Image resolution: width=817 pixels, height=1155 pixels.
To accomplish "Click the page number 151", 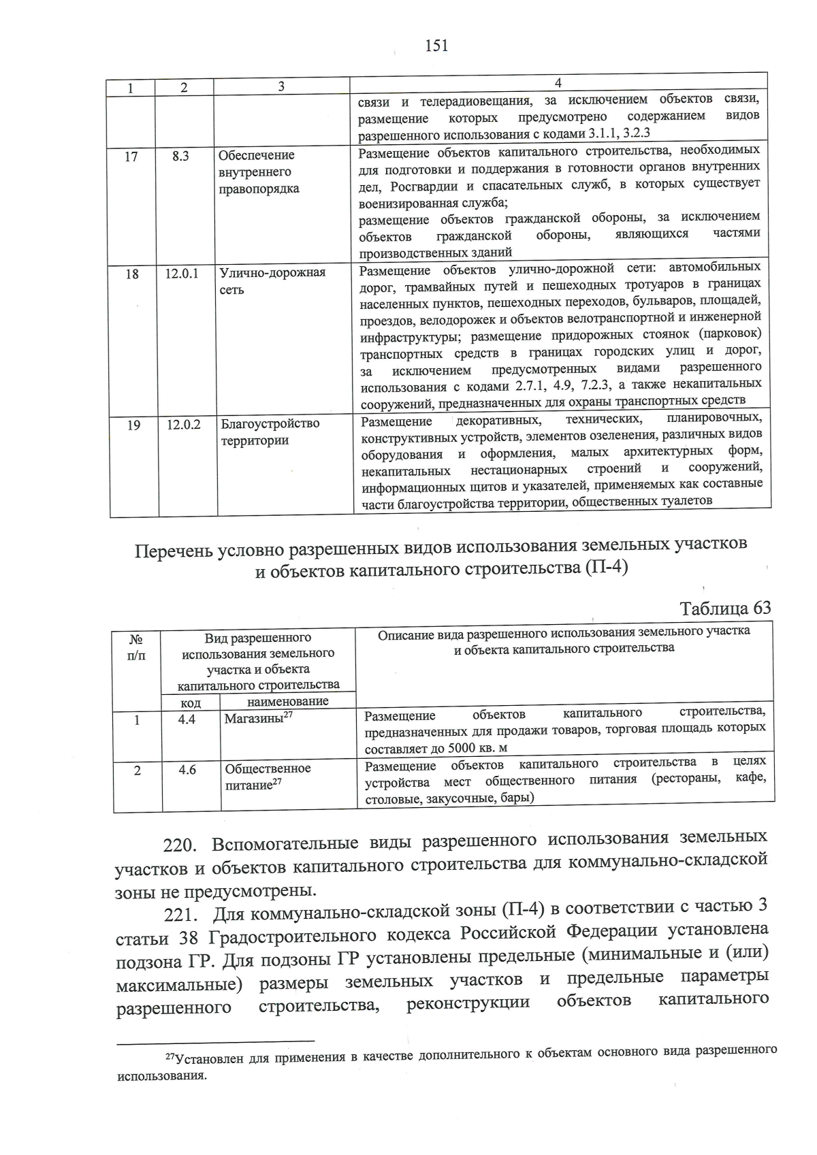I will point(436,46).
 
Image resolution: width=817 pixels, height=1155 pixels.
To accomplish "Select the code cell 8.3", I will point(180,156).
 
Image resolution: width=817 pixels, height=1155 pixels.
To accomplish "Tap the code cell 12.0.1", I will point(182,274).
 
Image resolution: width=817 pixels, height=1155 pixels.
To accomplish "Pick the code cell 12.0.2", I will point(184,425).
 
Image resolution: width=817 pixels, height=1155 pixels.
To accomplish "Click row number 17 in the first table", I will point(131,157).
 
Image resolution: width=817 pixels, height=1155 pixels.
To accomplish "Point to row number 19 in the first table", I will point(133,425).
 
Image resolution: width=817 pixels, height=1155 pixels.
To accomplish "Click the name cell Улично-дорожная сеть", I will point(272,280).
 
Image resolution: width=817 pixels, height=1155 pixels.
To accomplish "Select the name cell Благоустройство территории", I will point(270,432).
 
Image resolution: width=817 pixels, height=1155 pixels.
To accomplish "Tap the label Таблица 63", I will point(725,608).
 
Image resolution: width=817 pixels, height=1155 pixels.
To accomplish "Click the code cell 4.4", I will point(187,719).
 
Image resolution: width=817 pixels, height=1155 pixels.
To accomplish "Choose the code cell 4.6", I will point(188,770).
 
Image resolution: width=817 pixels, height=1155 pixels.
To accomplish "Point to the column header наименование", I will point(288,701).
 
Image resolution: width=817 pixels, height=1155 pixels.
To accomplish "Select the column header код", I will point(191,702).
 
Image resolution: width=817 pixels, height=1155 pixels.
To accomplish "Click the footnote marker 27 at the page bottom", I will point(170,1056).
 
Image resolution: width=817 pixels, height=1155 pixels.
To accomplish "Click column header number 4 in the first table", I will point(558,83).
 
